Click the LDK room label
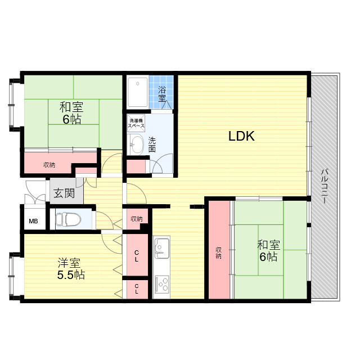point(241,136)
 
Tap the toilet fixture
point(68,219)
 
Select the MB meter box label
point(33,221)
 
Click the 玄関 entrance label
point(64,193)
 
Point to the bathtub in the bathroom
point(138,92)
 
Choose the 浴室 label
point(162,94)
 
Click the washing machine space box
point(136,123)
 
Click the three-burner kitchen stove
point(162,285)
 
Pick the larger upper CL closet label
point(137,256)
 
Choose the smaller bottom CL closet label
point(137,289)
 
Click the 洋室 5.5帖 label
point(71,269)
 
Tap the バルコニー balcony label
point(324,186)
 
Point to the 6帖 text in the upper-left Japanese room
point(72,119)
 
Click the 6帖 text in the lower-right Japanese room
point(268,256)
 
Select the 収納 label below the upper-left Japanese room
point(49,165)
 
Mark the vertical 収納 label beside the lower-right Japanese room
point(218,253)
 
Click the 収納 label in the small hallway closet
point(136,219)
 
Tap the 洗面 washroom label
point(152,145)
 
